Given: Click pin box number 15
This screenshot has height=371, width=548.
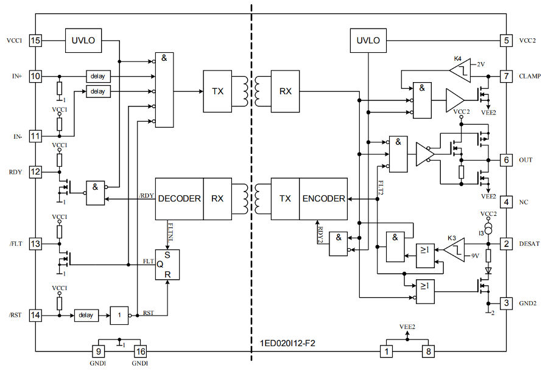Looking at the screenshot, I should pos(35,41).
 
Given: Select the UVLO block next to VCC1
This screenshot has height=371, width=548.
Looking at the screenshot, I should pos(83,41).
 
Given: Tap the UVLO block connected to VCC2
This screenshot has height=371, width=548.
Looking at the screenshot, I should pos(368,41).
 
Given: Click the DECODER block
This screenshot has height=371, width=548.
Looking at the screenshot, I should pos(179,198).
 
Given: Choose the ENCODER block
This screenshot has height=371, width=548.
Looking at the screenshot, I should pos(323,198).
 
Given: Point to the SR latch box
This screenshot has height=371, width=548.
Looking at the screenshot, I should pos(167,265).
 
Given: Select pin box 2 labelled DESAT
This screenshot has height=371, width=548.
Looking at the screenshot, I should pos(506,243).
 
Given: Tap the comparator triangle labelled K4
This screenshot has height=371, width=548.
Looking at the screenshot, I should pos(460,71).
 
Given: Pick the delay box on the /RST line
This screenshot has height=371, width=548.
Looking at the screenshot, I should pos(86,316).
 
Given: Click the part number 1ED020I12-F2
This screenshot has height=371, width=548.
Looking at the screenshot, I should pos(286,344).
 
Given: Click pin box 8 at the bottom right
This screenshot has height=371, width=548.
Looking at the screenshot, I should pos(430,351).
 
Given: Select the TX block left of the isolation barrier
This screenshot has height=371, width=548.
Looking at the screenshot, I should pos(217,91).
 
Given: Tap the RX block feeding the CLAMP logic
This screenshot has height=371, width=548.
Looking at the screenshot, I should pos(285,91).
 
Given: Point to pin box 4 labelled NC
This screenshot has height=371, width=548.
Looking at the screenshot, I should pos(506,201).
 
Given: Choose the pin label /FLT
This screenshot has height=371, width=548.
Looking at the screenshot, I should pos(16,244).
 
